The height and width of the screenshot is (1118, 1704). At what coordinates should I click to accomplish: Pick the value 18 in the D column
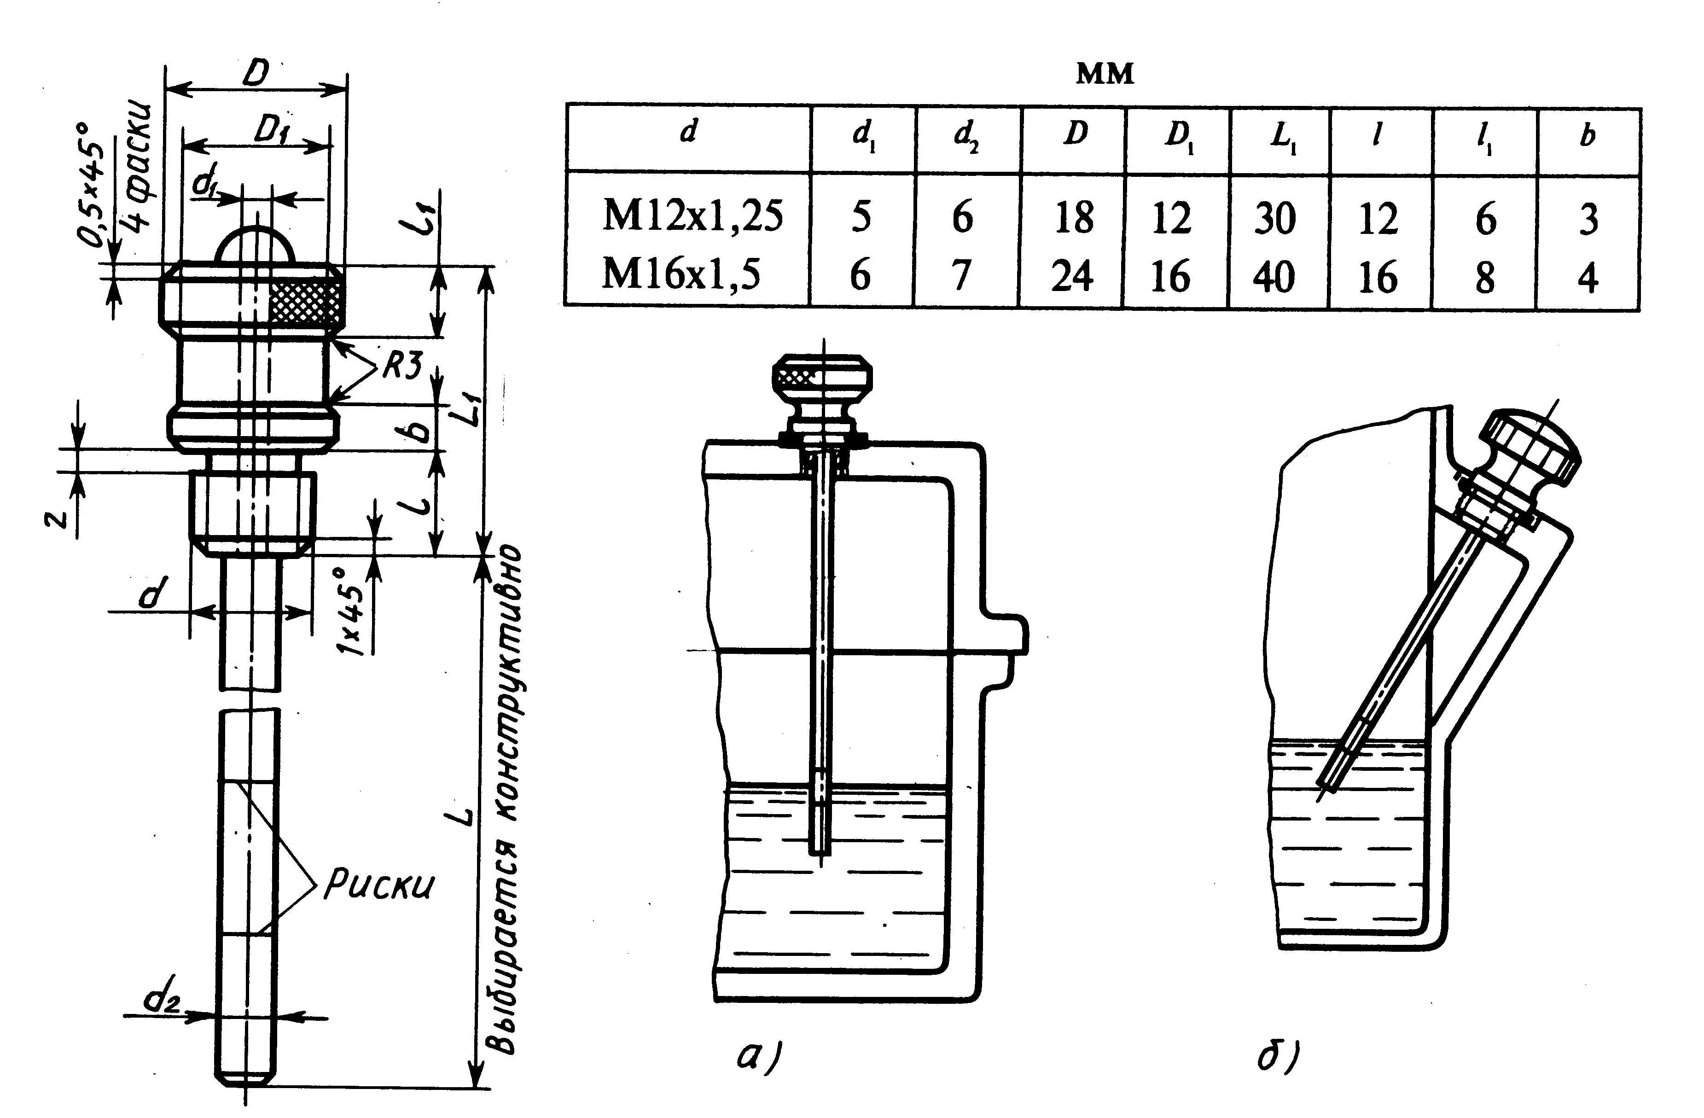pyautogui.click(x=1074, y=217)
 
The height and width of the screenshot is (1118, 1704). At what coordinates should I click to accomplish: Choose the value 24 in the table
pyautogui.click(x=1072, y=276)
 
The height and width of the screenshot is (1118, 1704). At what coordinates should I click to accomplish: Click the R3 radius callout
pyautogui.click(x=401, y=367)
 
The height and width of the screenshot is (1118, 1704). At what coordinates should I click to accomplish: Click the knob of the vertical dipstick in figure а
pyautogui.click(x=823, y=378)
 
